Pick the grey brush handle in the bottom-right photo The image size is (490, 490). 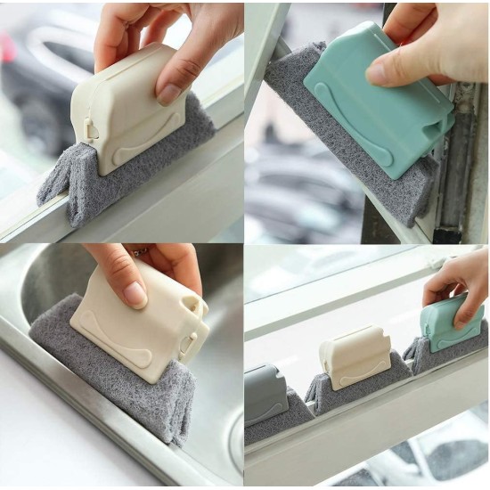265,392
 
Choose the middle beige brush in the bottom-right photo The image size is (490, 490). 354,356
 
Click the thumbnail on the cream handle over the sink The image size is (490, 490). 135,293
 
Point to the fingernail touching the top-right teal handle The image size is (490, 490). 377,74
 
